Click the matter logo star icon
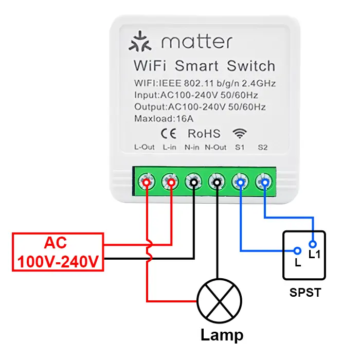click(140, 42)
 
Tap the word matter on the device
click(195, 42)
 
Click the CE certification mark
click(169, 134)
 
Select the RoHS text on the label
click(204, 134)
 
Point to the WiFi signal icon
click(239, 133)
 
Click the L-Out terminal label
click(145, 148)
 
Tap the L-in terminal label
click(170, 148)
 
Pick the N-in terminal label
click(192, 148)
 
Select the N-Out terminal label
click(216, 148)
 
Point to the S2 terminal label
click(263, 148)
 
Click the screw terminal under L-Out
click(147, 182)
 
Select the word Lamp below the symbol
click(222, 336)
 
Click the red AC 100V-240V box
click(58, 252)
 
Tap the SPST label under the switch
click(305, 293)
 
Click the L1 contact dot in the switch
click(312, 244)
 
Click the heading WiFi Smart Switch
click(204, 66)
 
